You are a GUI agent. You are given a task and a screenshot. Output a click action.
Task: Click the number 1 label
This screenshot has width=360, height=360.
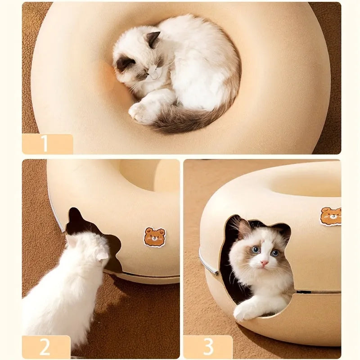point(45,144)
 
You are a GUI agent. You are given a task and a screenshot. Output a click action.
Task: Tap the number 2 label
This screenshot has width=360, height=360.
point(45,347)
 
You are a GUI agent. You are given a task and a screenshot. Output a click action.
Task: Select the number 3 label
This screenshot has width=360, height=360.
point(208,347)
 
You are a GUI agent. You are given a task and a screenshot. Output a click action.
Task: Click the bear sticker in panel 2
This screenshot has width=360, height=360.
point(154,237)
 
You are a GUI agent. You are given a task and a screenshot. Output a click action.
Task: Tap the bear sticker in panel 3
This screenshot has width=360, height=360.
point(331,216)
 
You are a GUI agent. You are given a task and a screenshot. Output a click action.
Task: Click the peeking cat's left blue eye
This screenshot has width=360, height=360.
point(255,250)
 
